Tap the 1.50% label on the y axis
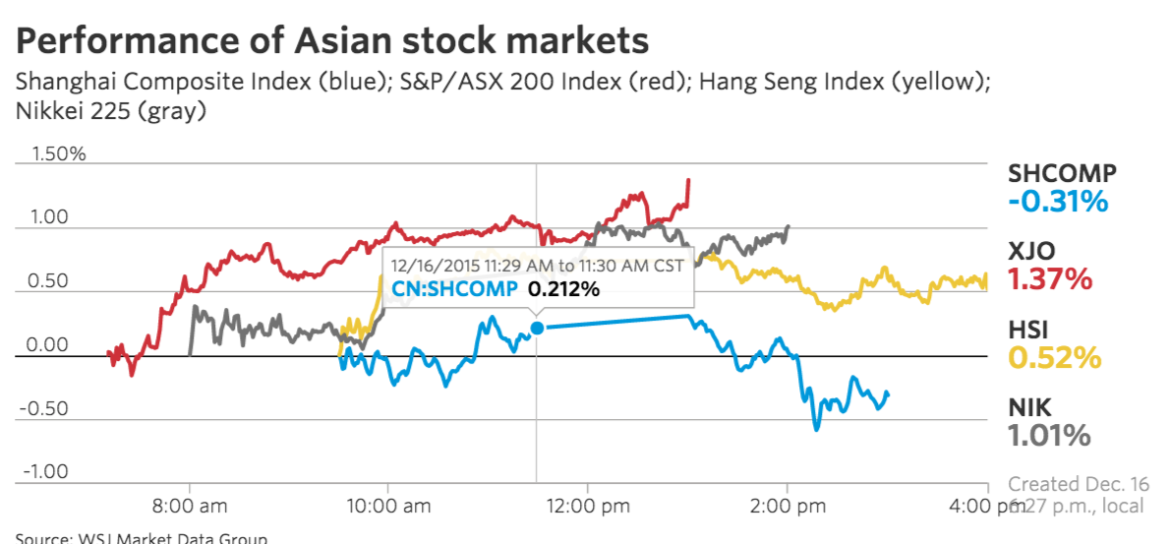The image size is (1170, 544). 59,154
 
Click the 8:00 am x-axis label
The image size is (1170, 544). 189,507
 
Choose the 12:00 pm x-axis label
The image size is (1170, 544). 587,507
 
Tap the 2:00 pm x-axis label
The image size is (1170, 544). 787,507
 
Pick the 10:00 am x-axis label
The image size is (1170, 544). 387,507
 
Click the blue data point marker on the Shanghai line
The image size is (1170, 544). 537,328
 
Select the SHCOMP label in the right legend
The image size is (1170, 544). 1062,174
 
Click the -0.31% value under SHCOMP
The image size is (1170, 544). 1058,202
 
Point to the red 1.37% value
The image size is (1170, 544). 1050,279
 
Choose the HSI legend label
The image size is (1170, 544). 1029,330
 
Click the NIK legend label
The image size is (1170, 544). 1029,406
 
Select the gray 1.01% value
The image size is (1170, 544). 1049,435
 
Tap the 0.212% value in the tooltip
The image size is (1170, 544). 564,289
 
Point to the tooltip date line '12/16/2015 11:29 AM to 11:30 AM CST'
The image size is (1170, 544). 537,266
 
